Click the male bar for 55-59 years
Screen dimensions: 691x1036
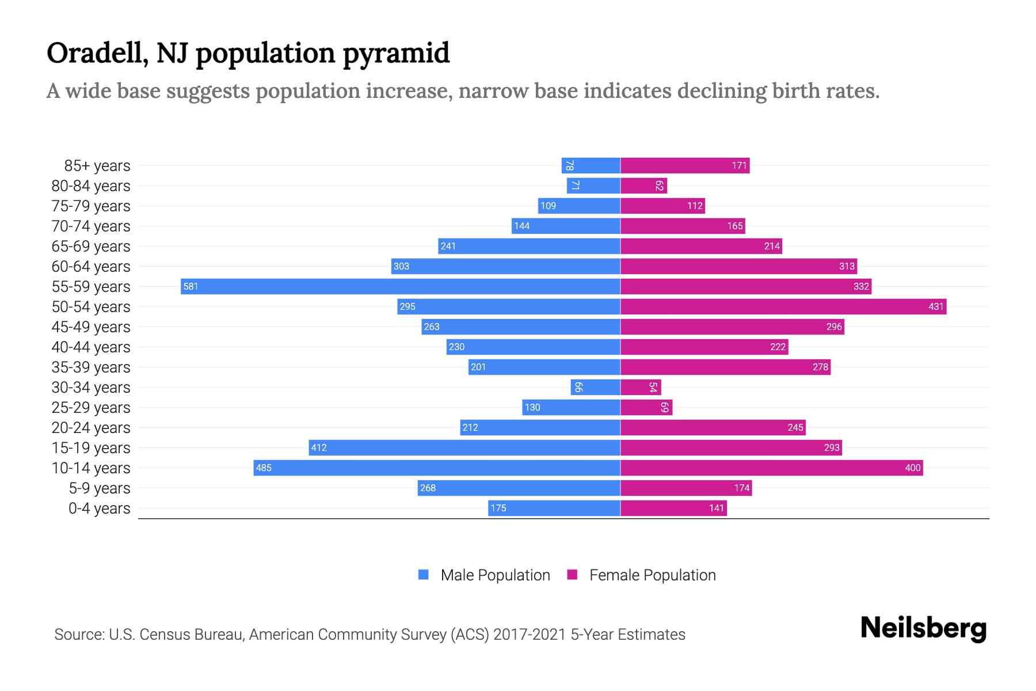(400, 286)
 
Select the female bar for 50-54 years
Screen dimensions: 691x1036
(783, 306)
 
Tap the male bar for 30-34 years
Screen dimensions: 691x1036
(595, 387)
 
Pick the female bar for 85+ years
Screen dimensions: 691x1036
(684, 165)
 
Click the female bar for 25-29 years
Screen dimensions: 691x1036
(646, 407)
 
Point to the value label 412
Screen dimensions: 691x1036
(318, 447)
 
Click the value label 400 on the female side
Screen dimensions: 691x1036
(912, 468)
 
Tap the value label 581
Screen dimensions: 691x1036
(191, 286)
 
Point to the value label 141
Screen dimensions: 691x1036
(716, 508)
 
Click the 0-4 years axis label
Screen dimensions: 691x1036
(99, 508)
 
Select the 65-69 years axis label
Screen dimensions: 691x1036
(91, 246)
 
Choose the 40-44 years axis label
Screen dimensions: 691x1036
(91, 347)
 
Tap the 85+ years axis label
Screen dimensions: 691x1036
(97, 166)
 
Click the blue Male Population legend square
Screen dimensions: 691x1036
(424, 575)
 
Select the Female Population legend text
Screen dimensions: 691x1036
(652, 575)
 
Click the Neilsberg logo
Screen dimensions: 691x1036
(923, 628)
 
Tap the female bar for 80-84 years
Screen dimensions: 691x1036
(643, 185)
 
